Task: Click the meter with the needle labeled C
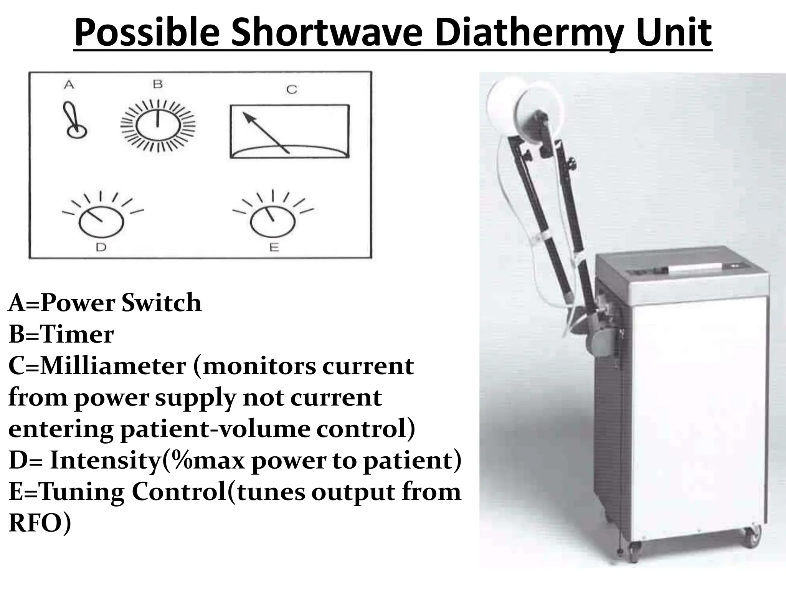coord(289,131)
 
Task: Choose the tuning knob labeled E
coord(272,221)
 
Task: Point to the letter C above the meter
coord(292,89)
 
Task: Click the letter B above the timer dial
coord(158,84)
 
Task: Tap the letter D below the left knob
coord(101,247)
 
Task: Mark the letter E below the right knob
coord(274,247)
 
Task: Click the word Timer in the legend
coord(77,334)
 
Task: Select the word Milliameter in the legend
coord(113,366)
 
